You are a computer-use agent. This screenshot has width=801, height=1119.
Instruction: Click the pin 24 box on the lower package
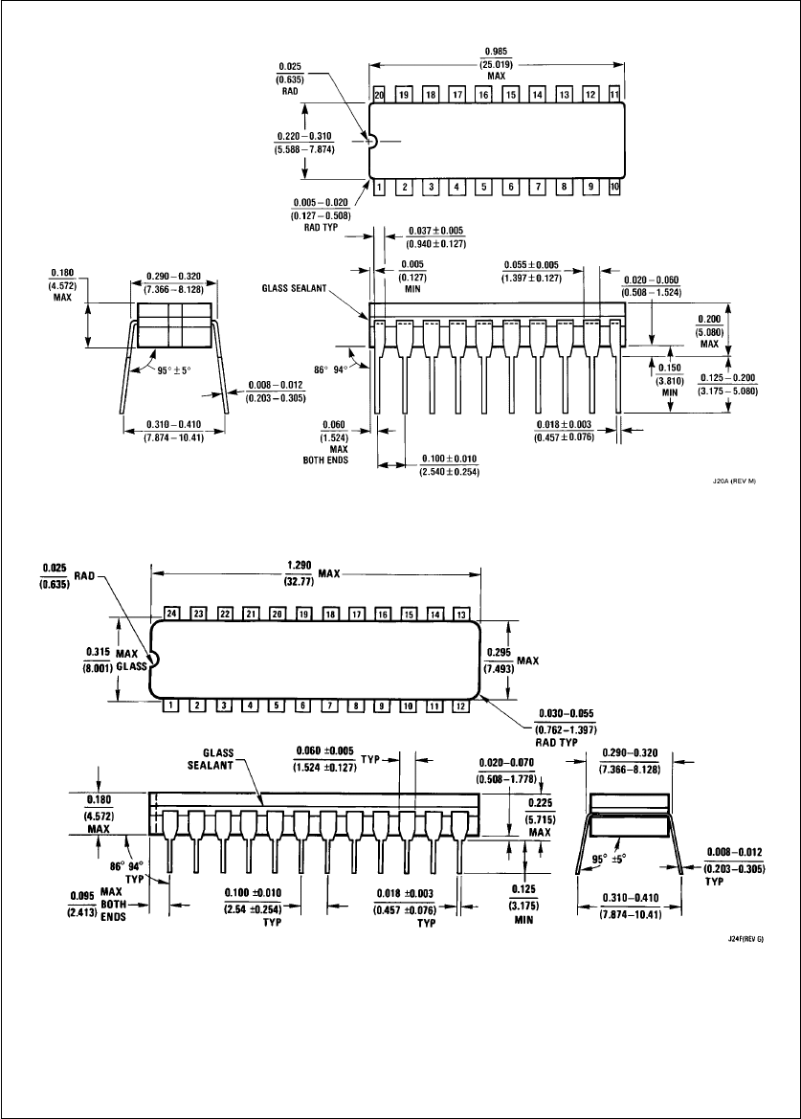[171, 613]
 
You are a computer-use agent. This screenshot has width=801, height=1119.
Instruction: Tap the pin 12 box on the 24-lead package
[460, 705]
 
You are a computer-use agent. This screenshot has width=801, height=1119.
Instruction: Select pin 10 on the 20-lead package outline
[614, 187]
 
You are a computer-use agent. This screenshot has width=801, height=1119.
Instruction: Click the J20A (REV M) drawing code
[734, 481]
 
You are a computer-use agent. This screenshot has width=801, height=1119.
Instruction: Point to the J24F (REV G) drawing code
[745, 938]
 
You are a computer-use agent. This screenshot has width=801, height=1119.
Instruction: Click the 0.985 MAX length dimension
[497, 63]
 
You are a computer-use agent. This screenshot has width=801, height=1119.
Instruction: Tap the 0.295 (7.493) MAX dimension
[511, 660]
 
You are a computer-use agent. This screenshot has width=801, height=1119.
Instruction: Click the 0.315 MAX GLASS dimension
[115, 659]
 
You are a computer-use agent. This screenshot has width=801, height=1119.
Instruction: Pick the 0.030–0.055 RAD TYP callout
[566, 727]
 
